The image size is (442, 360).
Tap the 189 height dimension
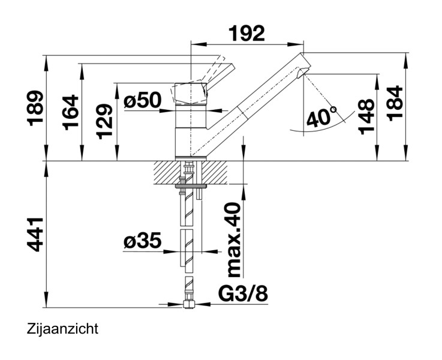coord(37,109)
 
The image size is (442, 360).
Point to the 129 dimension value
coord(106,121)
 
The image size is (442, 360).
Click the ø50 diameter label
coord(143,101)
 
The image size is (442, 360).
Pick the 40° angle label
coord(321,117)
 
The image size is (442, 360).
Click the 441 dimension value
coord(37,234)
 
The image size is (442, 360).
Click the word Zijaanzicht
coord(62,329)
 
